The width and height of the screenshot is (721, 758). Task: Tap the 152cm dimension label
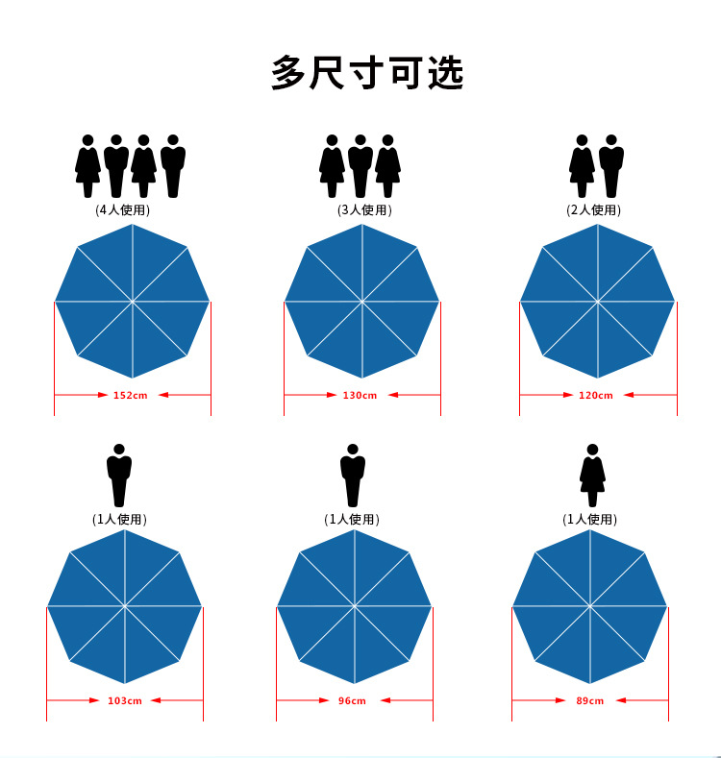click(x=130, y=395)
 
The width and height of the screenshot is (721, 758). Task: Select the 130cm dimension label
click(x=360, y=395)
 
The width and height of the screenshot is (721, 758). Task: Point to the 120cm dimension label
click(x=595, y=395)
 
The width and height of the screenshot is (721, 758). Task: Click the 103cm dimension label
click(x=124, y=701)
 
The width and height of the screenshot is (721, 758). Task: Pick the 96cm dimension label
click(x=353, y=701)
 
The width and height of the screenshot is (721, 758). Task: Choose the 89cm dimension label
click(x=589, y=701)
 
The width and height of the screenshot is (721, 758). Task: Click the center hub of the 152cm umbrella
click(x=132, y=302)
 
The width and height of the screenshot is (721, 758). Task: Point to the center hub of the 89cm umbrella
click(x=589, y=606)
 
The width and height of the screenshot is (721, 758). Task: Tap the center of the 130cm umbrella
click(x=362, y=302)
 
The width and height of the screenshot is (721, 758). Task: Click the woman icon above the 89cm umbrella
click(x=592, y=475)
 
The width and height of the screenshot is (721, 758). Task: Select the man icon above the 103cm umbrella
click(x=119, y=475)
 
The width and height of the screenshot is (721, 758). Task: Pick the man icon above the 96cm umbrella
click(x=353, y=475)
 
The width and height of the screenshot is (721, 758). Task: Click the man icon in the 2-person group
click(x=610, y=165)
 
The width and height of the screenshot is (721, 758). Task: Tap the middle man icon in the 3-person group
click(x=360, y=165)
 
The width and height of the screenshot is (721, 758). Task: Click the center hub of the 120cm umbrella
click(x=598, y=302)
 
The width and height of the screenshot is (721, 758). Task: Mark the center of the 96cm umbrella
click(x=355, y=606)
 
